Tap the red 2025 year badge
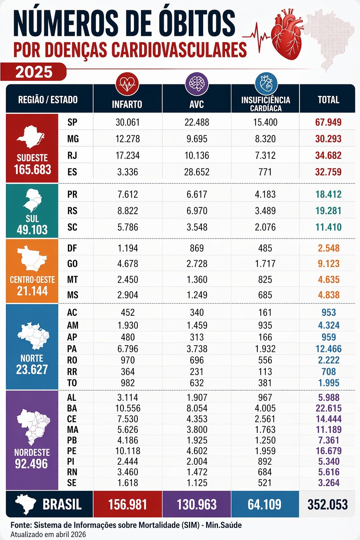[34, 72]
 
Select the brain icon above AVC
[197, 84]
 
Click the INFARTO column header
[127, 104]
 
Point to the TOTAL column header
[328, 100]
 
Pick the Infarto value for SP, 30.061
[128, 122]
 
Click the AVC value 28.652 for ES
[197, 172]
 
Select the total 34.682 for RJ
[328, 155]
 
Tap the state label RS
[72, 211]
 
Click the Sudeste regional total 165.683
[32, 170]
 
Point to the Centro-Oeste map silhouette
[32, 258]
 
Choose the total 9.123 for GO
[328, 264]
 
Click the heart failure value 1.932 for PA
[265, 349]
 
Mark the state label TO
[72, 383]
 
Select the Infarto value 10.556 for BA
[128, 408]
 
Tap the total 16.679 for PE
[328, 451]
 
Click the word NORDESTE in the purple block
[32, 452]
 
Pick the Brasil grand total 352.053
[328, 504]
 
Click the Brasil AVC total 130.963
[197, 504]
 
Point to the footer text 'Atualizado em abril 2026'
[48, 534]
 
